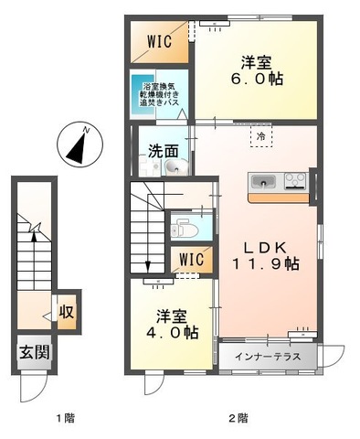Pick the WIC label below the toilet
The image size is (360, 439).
(x=190, y=260)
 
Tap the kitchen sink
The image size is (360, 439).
(x=262, y=178)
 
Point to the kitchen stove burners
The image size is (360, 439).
(x=296, y=178)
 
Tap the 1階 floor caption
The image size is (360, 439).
(x=63, y=418)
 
